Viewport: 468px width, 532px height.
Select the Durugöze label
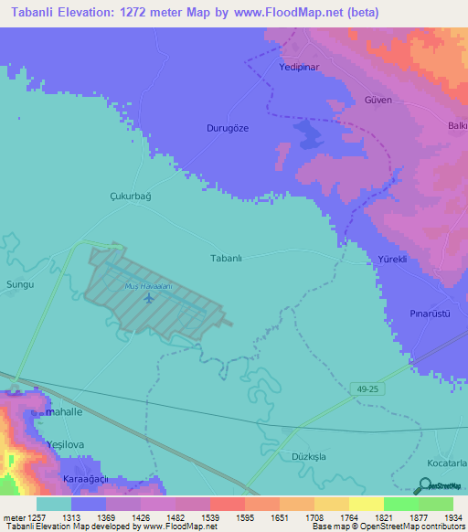(228, 129)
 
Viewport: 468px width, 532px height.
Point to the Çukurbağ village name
(129, 197)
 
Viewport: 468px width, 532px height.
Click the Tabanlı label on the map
(226, 259)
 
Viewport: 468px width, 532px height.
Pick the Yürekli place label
(391, 260)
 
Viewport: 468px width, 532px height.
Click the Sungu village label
(19, 285)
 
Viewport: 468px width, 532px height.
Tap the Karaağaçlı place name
(85, 479)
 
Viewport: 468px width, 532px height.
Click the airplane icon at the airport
(150, 299)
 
